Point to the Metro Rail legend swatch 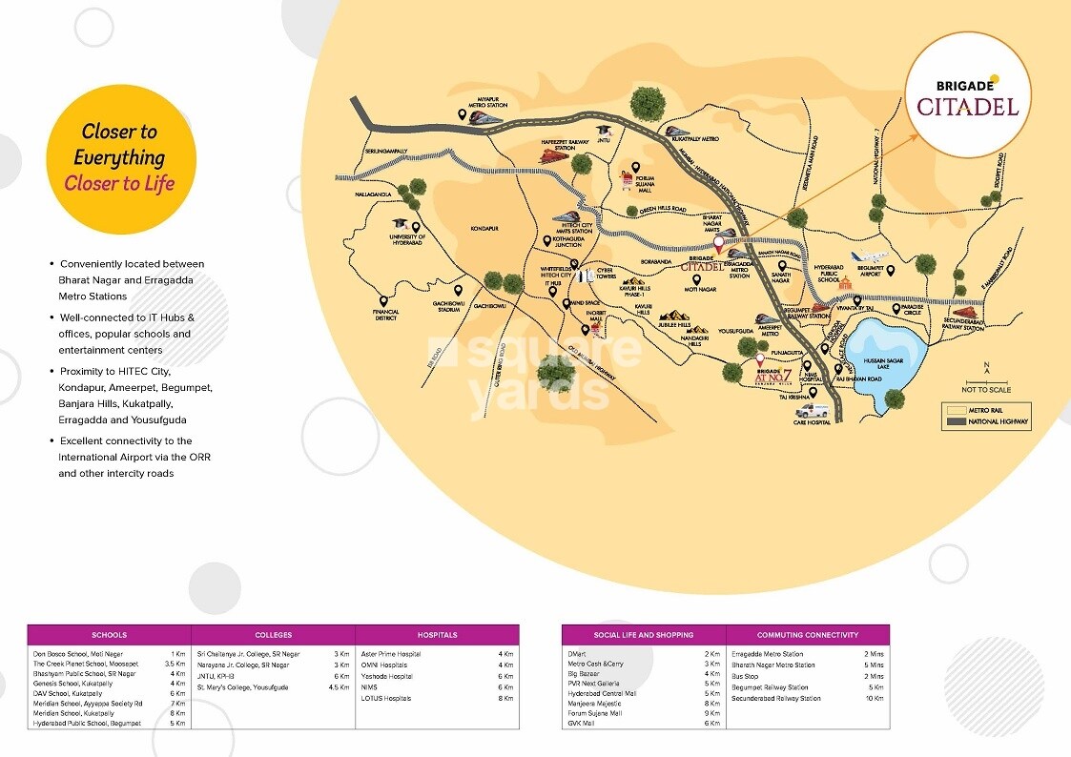[x=957, y=408]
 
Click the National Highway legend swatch [x=957, y=422]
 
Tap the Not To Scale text [x=987, y=390]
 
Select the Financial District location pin [x=384, y=300]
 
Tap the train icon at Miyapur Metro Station [x=487, y=117]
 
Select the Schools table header [x=109, y=635]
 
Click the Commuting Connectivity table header [x=808, y=635]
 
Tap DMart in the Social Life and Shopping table [x=578, y=654]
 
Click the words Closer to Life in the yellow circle [x=119, y=184]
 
